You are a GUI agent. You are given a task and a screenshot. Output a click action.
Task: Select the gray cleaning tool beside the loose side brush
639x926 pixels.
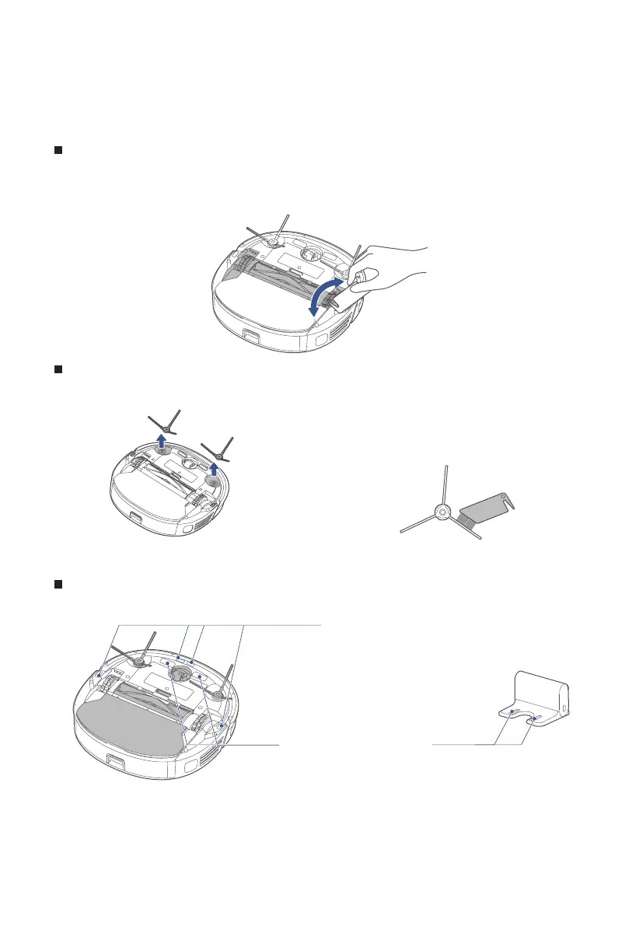click(x=487, y=513)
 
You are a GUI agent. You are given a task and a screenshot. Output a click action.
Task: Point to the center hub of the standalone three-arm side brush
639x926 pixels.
click(x=442, y=512)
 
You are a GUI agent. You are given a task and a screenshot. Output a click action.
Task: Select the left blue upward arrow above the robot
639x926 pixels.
click(x=162, y=443)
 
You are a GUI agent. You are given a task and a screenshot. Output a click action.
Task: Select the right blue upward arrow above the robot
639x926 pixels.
click(x=215, y=468)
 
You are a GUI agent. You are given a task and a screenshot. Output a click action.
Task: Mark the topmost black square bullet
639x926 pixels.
click(x=58, y=149)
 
